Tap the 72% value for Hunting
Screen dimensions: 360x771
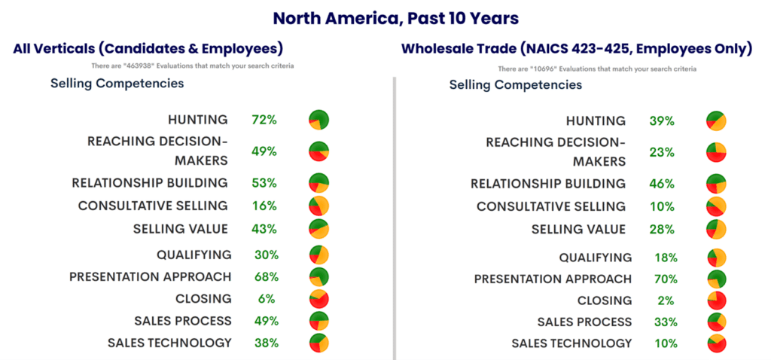pyautogui.click(x=264, y=120)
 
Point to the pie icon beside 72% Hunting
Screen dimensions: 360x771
pyautogui.click(x=318, y=120)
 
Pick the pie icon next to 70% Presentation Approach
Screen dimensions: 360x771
pyautogui.click(x=716, y=279)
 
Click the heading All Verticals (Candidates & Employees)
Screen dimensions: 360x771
pyautogui.click(x=148, y=49)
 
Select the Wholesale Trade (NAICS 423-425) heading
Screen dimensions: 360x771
pyautogui.click(x=576, y=49)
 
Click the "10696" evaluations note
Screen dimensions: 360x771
pyautogui.click(x=597, y=69)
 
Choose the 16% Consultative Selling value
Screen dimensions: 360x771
pyautogui.click(x=264, y=206)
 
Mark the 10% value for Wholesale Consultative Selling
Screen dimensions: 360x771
pyautogui.click(x=663, y=206)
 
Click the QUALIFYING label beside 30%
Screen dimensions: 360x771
pyautogui.click(x=194, y=255)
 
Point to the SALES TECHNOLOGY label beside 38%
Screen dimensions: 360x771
pyautogui.click(x=169, y=343)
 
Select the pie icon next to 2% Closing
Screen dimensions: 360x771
pyautogui.click(x=716, y=301)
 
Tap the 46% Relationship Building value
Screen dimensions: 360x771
pyautogui.click(x=663, y=183)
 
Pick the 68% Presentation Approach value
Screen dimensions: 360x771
pyautogui.click(x=264, y=276)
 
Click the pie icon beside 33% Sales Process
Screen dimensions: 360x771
pyautogui.click(x=716, y=322)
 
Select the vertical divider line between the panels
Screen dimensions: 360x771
pyautogui.click(x=393, y=218)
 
